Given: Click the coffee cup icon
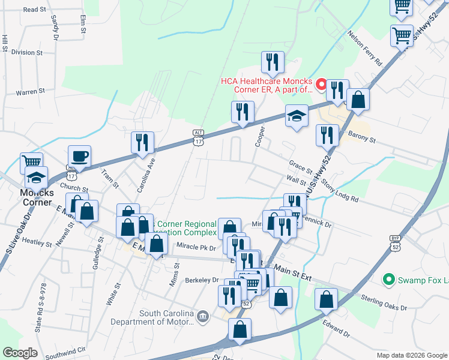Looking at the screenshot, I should tap(79, 157).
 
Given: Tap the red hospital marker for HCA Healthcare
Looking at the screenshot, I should tap(321, 85).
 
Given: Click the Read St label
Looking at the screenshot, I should tap(35, 10).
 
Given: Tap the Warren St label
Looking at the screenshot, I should tap(31, 92).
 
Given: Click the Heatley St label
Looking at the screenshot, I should tap(38, 243).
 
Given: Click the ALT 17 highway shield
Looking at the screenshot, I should tap(199, 137).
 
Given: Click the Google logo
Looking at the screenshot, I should tap(20, 353).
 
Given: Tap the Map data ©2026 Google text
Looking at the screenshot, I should tap(411, 355).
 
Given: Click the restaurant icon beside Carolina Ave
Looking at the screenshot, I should tap(143, 142).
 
